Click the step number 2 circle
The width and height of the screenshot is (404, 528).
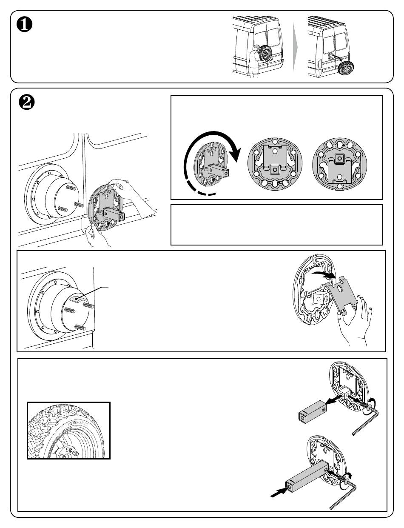tap(27, 102)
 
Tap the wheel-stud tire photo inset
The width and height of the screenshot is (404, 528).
tap(68, 431)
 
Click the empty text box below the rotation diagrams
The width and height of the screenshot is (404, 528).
tap(276, 225)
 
